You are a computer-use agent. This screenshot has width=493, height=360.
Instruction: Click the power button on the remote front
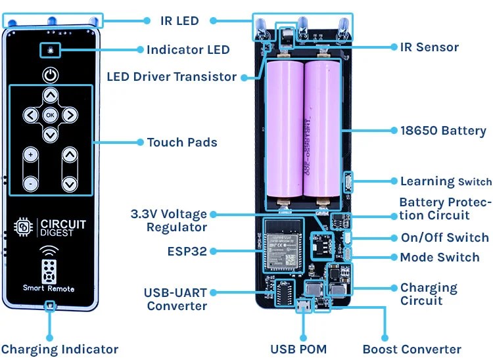(50, 74)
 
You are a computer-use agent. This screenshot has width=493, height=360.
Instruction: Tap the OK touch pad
(50, 115)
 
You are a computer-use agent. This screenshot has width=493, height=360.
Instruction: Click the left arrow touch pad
(30, 115)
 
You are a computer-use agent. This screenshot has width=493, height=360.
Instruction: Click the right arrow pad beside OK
(70, 115)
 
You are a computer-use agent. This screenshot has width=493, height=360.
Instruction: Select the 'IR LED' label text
(179, 21)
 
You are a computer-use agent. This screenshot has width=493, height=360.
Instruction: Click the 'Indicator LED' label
(188, 50)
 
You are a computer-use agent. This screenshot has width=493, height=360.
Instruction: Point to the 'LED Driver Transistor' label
(171, 77)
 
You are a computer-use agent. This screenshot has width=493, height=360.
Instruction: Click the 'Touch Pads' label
(182, 143)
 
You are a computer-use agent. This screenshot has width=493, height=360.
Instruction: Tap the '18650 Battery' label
(443, 131)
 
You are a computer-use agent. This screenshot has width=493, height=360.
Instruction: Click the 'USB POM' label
(298, 349)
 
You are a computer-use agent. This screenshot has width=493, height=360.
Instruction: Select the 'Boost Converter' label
(411, 349)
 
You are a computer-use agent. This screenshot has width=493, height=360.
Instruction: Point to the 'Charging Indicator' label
(60, 349)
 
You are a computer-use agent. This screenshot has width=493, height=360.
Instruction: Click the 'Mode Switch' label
(439, 257)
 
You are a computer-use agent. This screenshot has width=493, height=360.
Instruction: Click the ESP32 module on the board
(284, 243)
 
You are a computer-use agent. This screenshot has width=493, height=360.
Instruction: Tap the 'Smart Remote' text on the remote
(49, 288)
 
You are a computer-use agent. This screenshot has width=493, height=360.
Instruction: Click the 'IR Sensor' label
(429, 47)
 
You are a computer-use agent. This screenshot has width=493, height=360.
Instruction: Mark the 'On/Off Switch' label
(444, 238)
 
